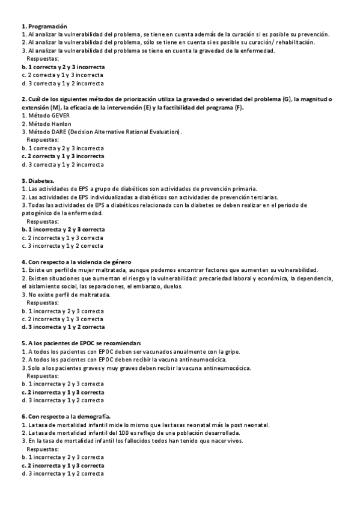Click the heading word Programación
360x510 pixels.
click(x=47, y=26)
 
